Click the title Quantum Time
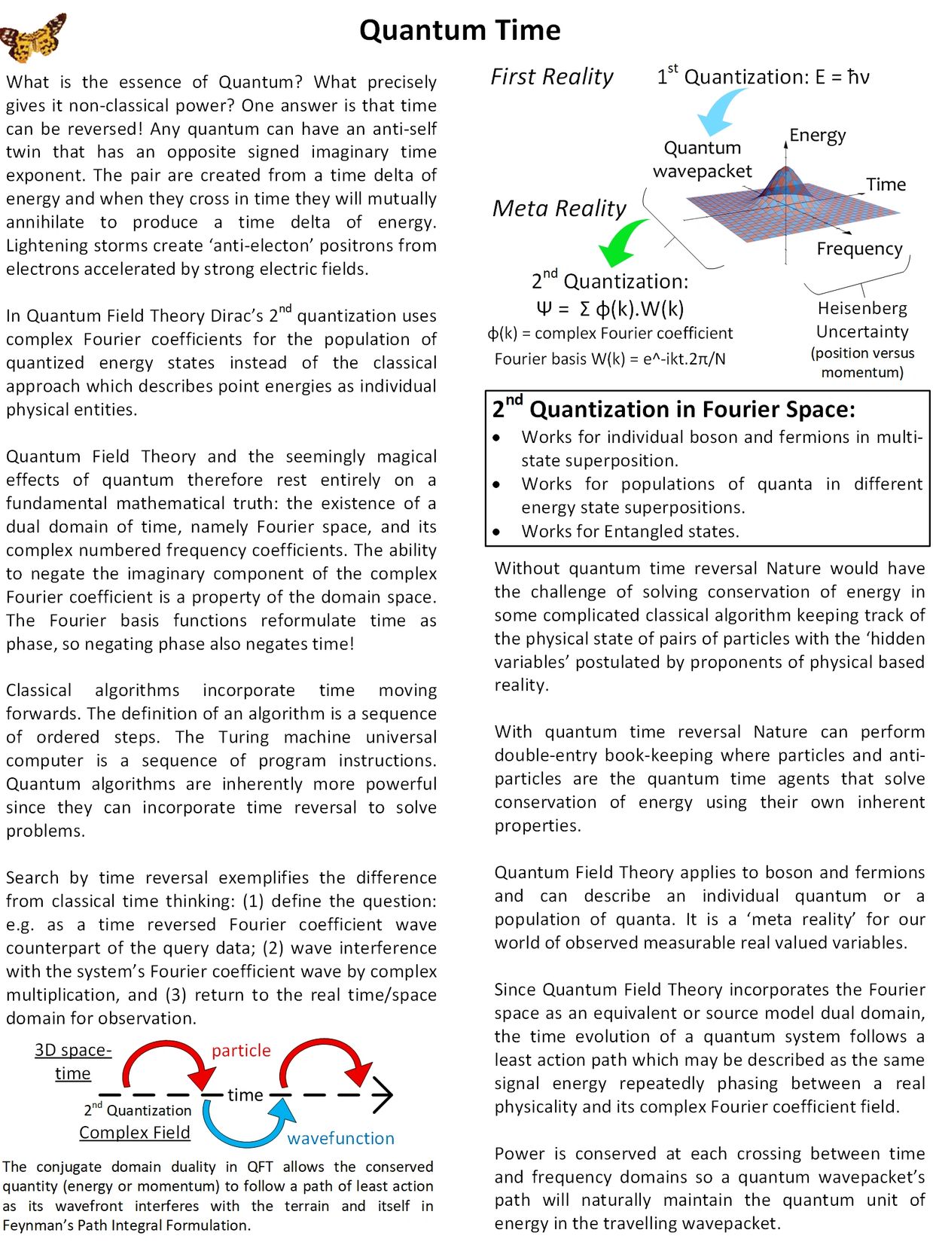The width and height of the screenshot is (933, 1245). click(459, 30)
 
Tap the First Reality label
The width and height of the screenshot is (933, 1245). click(551, 77)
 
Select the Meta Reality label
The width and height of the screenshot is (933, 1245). click(559, 208)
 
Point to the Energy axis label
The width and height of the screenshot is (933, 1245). click(817, 136)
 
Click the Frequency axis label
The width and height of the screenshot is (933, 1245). click(859, 249)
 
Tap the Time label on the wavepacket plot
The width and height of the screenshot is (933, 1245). click(886, 185)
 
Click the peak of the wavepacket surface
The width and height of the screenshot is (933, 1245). click(785, 171)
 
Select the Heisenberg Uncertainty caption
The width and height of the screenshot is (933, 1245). click(862, 320)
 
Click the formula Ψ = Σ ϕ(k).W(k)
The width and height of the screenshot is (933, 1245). click(610, 308)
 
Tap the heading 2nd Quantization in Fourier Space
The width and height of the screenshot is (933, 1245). click(673, 409)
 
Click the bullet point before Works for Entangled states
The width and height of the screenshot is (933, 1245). click(496, 532)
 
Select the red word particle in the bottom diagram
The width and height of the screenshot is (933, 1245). click(241, 1050)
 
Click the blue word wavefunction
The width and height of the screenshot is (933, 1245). click(340, 1138)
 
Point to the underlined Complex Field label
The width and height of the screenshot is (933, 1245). click(135, 1132)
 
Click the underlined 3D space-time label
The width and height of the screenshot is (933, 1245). click(73, 1061)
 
